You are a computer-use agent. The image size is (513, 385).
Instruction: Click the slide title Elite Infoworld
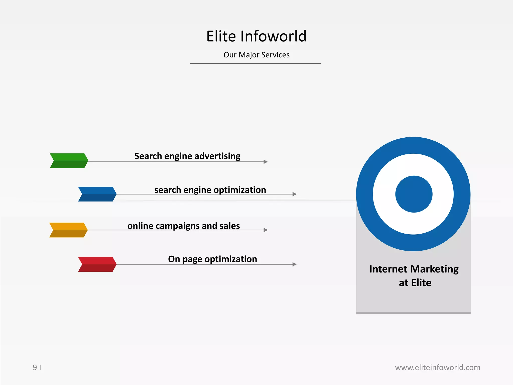[256, 36]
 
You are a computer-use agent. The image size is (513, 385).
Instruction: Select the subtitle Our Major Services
[256, 55]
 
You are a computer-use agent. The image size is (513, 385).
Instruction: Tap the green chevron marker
[69, 160]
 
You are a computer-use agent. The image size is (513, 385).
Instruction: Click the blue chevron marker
[97, 194]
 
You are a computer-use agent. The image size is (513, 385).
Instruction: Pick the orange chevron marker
[68, 230]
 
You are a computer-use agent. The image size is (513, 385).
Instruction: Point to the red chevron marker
[97, 264]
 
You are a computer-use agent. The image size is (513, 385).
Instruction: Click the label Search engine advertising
[187, 156]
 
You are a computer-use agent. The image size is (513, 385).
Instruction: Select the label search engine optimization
[210, 190]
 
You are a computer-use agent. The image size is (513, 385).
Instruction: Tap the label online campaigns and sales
[184, 226]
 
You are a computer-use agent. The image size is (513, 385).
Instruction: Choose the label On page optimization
[212, 259]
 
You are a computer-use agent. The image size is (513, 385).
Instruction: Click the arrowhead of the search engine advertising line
[266, 162]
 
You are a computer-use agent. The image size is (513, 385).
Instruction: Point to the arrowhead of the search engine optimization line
[295, 194]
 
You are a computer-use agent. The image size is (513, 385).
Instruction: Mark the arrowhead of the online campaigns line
[266, 230]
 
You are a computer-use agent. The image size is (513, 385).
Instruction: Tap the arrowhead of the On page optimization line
[295, 264]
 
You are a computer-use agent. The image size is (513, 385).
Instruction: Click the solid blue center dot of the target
[414, 194]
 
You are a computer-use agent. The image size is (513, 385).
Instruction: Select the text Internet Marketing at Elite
[414, 276]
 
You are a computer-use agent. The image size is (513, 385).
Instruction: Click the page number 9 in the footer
[35, 367]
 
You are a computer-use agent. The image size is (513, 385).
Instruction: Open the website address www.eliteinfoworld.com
[437, 367]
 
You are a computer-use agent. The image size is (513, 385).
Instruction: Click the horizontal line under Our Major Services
[255, 64]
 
